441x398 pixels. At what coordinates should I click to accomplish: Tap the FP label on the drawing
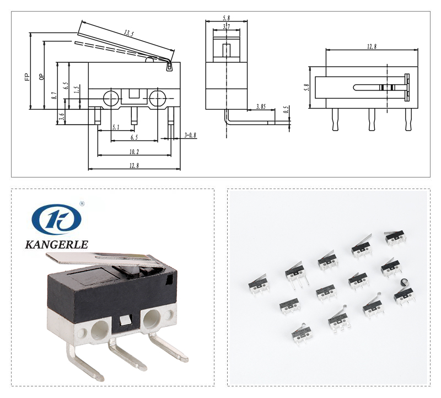(26, 77)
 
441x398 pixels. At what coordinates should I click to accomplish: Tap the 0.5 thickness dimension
(286, 110)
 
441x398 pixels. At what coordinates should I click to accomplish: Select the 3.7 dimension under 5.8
(226, 26)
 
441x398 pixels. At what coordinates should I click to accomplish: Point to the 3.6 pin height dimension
(62, 116)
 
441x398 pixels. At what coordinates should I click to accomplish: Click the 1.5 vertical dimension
(77, 88)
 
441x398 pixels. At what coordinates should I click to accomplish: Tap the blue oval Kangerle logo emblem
(56, 219)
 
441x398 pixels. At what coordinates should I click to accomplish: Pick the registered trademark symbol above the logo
(82, 203)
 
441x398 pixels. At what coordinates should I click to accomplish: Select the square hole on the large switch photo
(125, 321)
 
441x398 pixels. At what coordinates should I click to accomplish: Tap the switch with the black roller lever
(404, 295)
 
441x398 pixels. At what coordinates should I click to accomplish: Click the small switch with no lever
(325, 292)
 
